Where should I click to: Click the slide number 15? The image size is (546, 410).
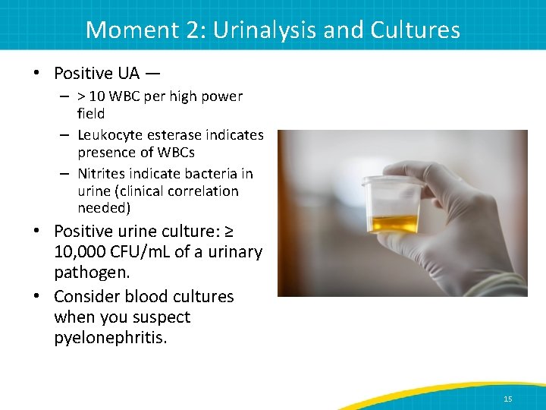(x=507, y=399)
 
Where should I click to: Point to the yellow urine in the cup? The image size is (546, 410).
(x=392, y=223)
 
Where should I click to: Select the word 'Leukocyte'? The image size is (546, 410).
(x=110, y=135)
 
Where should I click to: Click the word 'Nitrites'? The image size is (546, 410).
(x=102, y=174)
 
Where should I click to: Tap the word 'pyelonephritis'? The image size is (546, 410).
(x=110, y=337)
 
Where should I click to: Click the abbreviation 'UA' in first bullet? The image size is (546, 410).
(x=128, y=74)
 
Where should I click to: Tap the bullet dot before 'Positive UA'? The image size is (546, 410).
(x=35, y=74)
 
